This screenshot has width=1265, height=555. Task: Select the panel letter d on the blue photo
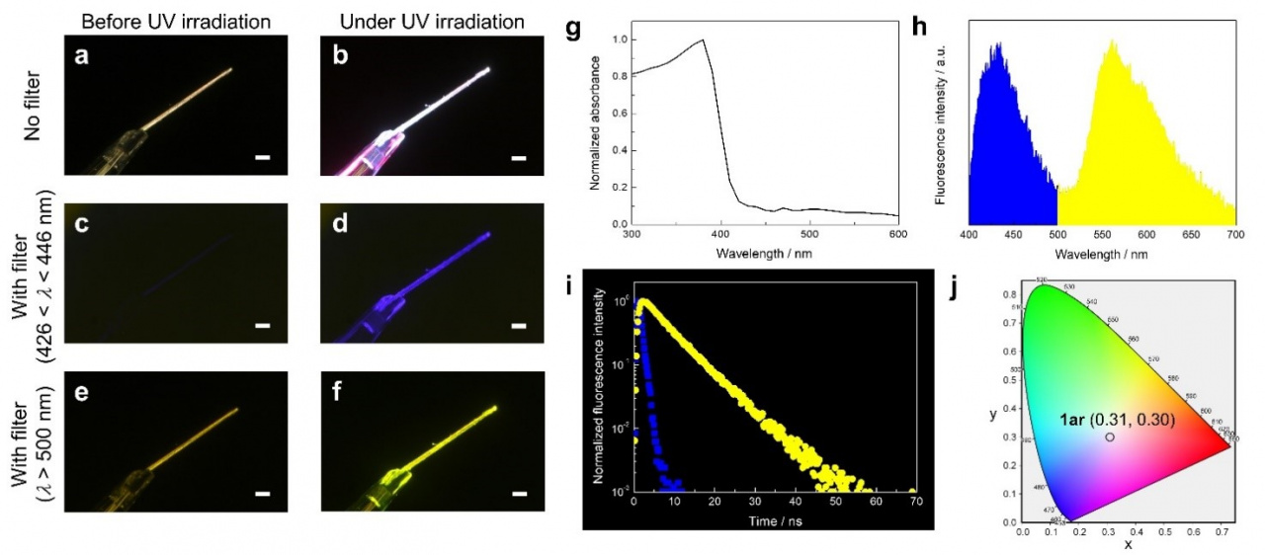339,224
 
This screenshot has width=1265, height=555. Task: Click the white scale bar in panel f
520,491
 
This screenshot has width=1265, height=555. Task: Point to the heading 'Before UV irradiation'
153,20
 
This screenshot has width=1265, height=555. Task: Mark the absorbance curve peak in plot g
703,40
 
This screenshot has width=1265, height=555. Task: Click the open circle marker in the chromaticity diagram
1110,436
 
